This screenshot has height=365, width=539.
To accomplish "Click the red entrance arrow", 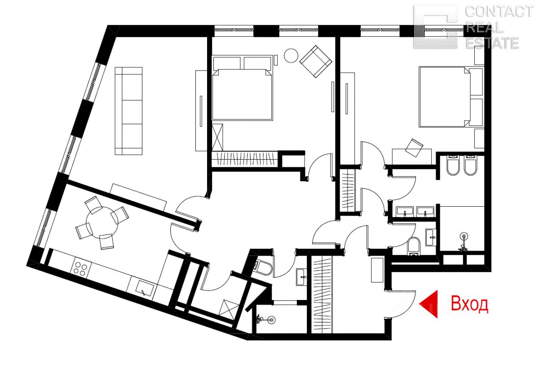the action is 429,304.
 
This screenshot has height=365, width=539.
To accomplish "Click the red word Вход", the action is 469,304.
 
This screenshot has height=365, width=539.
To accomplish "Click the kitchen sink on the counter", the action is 145,289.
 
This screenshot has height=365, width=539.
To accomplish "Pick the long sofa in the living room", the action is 128,111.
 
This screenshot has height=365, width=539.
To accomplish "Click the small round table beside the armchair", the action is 291,56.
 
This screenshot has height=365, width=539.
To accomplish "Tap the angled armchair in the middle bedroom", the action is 316,61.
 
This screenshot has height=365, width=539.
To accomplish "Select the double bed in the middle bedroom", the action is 242,88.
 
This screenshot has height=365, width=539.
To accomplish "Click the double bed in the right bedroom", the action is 451,96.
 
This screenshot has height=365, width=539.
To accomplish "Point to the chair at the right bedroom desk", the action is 414,148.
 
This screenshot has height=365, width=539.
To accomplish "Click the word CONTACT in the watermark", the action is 499,12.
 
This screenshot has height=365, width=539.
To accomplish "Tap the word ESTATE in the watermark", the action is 492,43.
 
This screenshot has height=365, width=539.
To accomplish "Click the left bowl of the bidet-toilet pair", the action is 453,165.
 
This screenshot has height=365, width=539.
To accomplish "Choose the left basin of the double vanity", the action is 405,211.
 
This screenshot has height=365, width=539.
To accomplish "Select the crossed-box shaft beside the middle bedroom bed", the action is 217,137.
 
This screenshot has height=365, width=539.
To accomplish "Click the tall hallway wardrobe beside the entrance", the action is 322,294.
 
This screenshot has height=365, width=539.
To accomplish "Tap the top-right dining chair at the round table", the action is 119,215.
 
